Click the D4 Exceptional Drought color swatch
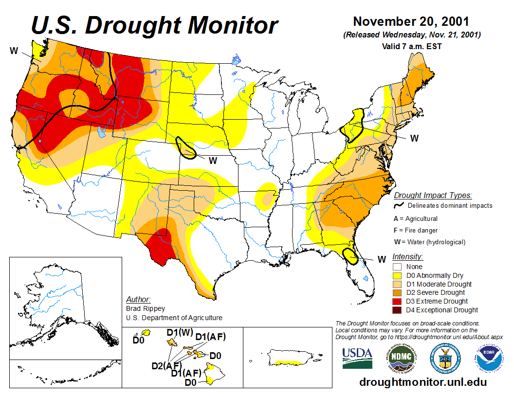[397, 310]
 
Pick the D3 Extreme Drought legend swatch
[397, 301]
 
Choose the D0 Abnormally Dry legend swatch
[397, 275]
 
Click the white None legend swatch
[397, 267]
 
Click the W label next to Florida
[382, 259]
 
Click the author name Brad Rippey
[146, 308]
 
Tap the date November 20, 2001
[411, 22]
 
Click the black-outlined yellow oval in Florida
[349, 255]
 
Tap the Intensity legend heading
[407, 256]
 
